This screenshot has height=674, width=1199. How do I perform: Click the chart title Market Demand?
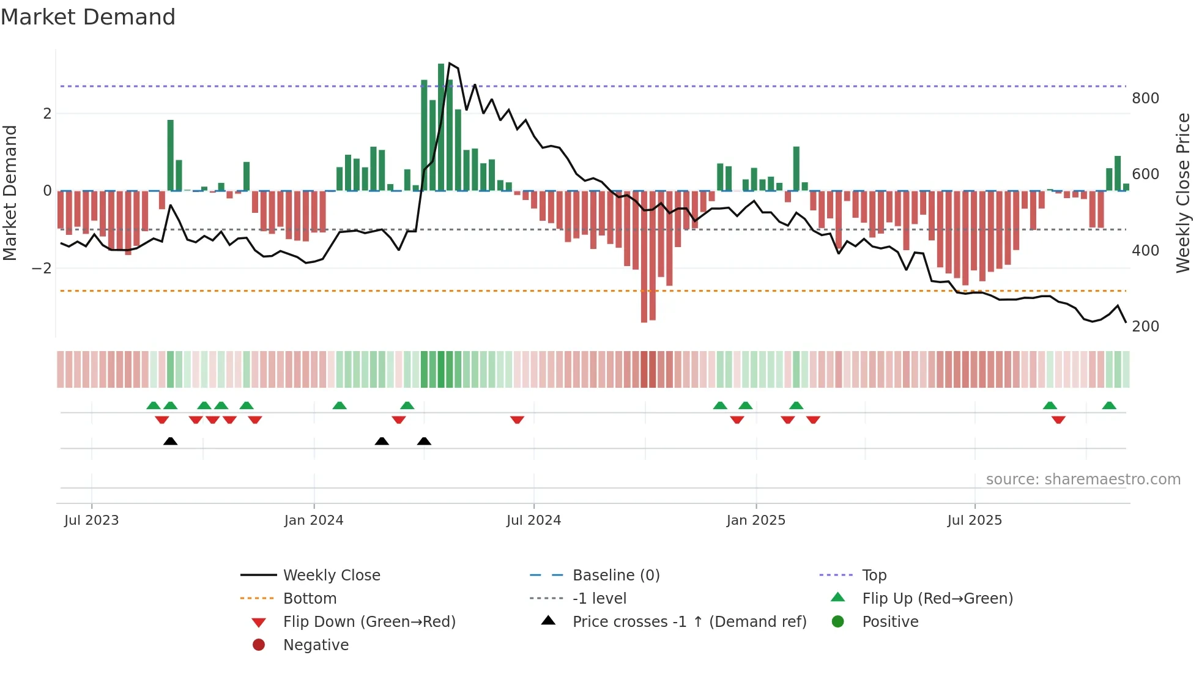pos(88,17)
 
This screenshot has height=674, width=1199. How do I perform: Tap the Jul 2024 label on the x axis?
pos(533,520)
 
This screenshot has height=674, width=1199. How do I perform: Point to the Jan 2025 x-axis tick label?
pos(755,520)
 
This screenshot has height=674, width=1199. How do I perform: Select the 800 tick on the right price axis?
pos(1145,98)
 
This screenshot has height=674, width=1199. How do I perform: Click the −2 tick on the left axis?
pos(42,268)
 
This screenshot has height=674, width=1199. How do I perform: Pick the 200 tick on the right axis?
pos(1145,327)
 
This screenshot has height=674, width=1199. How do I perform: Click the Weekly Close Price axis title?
pos(1183,193)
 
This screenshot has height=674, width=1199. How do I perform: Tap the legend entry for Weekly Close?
pos(331,576)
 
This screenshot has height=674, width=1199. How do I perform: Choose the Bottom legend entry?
pos(310,599)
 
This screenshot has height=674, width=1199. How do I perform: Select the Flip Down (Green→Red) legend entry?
pos(369,622)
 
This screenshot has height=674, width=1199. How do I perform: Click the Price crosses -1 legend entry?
pos(689,622)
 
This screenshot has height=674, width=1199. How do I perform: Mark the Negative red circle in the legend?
pos(259,645)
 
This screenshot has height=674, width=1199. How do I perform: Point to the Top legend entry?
pos(874,576)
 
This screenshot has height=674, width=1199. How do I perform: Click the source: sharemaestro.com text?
pos(1083,480)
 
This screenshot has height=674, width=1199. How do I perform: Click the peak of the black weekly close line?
pos(450,64)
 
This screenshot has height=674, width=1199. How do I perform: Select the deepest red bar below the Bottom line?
pos(644,306)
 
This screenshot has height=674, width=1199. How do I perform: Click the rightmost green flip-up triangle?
pos(1108,406)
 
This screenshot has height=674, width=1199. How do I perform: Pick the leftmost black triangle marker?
pos(171,442)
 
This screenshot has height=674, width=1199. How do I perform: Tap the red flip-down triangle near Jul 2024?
pos(517,420)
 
